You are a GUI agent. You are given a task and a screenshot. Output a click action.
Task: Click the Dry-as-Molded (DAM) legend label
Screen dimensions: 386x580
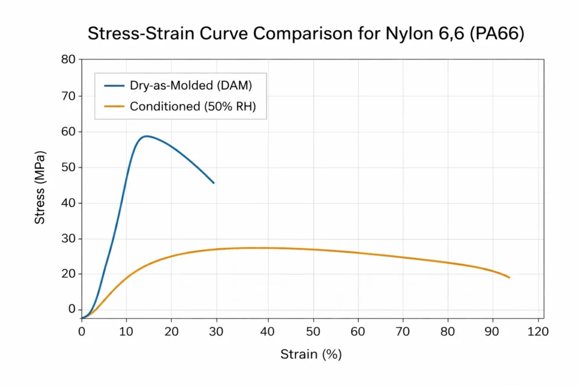tap(191, 86)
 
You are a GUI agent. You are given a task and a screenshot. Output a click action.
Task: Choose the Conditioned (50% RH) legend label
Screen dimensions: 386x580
tap(193, 106)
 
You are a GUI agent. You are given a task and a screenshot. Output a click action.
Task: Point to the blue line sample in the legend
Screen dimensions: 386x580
tap(114, 86)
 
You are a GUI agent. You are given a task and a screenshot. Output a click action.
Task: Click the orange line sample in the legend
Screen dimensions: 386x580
tap(114, 106)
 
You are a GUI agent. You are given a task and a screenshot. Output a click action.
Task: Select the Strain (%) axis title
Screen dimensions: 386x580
tap(311, 355)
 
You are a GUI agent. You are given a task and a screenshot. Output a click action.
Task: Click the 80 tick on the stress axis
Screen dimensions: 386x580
tap(69, 60)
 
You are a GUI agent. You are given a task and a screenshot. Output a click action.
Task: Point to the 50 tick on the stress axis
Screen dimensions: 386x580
tap(69, 167)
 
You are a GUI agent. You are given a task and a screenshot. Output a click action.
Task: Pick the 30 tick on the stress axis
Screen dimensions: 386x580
tap(69, 238)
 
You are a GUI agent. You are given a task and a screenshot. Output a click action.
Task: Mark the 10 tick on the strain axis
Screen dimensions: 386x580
tap(126, 332)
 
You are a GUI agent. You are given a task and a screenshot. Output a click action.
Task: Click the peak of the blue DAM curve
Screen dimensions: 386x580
tap(146, 136)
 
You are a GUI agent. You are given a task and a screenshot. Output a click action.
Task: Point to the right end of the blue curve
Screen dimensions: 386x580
tap(214, 183)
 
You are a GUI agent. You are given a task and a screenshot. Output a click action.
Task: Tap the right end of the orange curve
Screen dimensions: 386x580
tap(509, 277)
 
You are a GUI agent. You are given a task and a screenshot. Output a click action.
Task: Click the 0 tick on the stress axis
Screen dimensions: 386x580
tap(72, 310)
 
